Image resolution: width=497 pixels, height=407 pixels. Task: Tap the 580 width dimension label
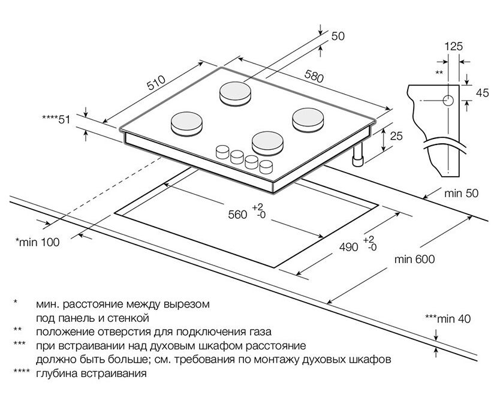coord(313,77)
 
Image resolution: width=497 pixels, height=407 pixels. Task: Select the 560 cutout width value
coord(237,214)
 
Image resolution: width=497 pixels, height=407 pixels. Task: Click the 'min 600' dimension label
coord(414,260)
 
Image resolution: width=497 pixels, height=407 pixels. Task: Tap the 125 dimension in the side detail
coord(454,46)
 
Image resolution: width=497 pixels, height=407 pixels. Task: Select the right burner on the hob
coord(309,119)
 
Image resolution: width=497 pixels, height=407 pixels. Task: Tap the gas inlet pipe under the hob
coord(359,157)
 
